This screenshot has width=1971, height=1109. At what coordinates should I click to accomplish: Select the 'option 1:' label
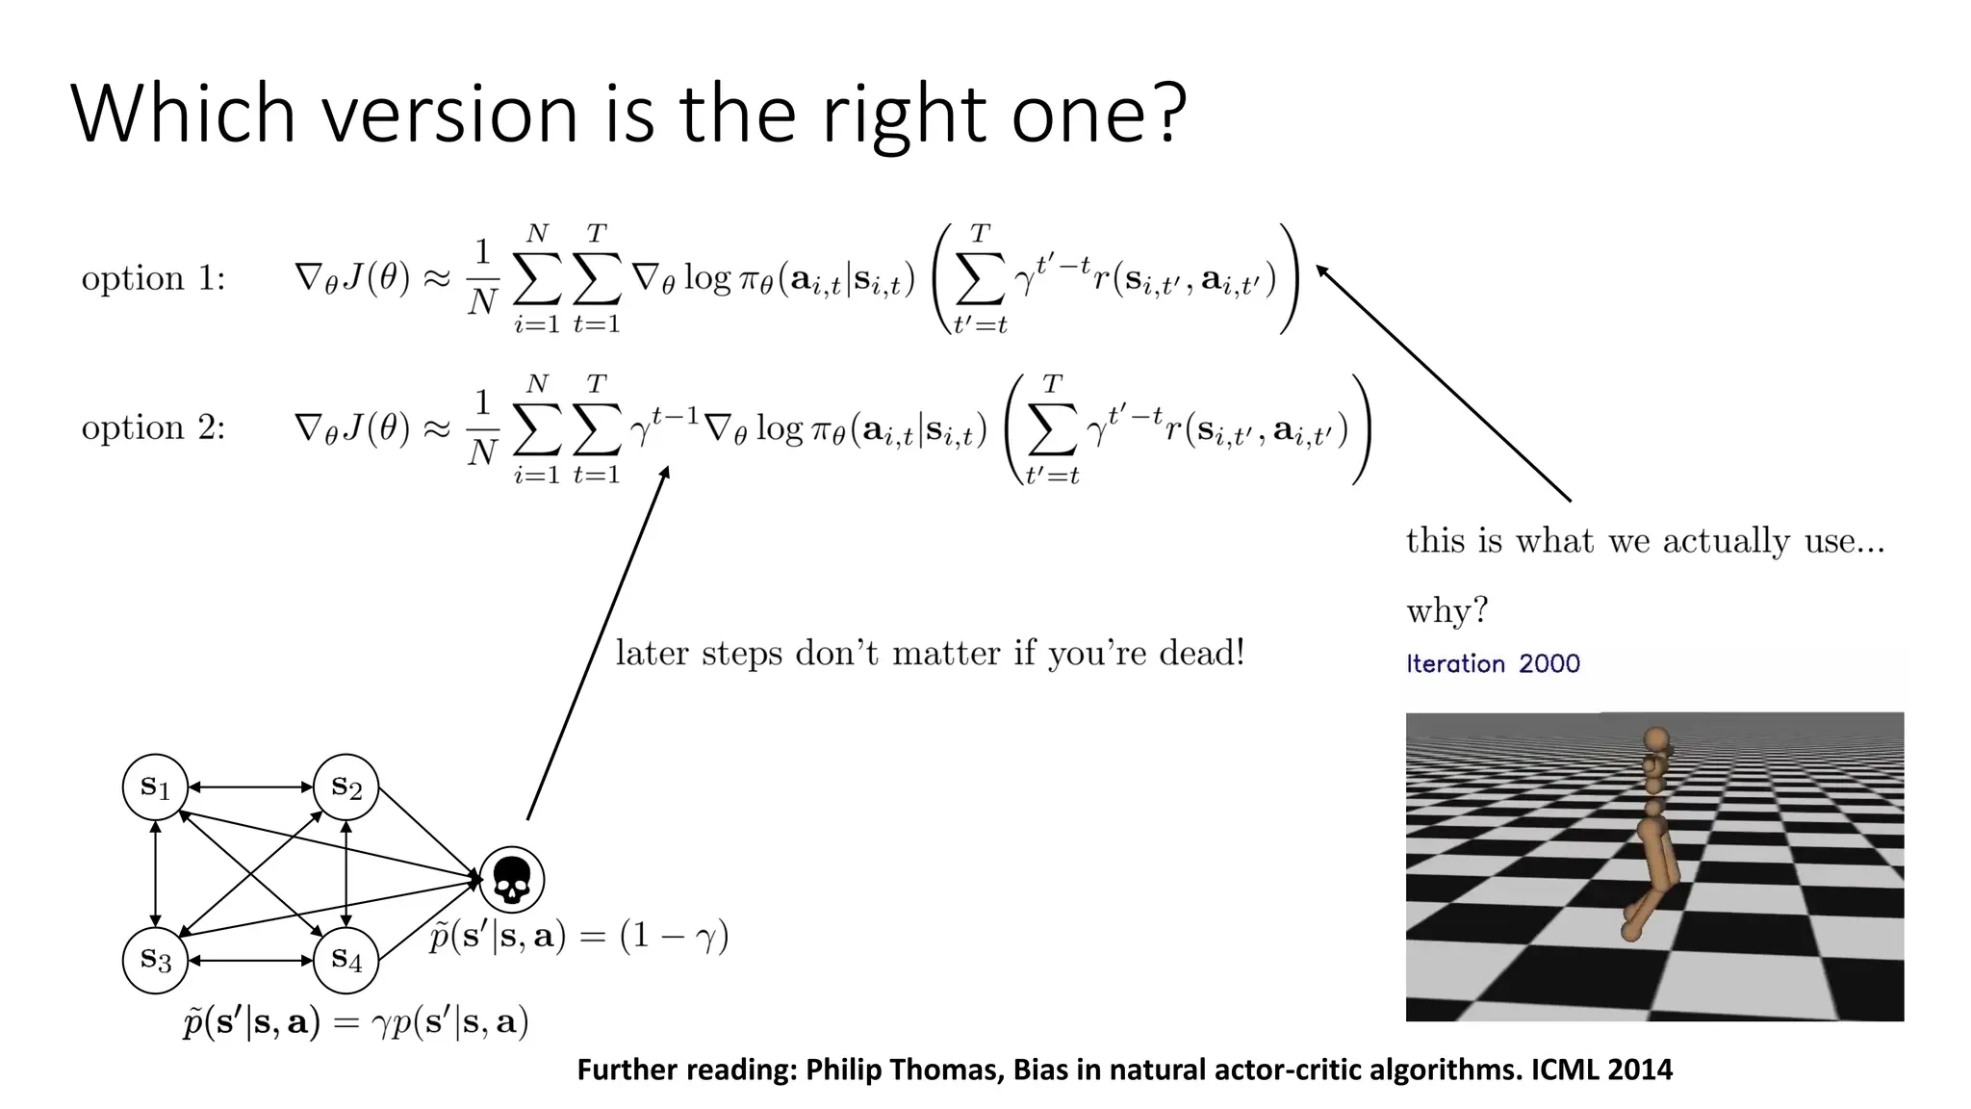coord(153,279)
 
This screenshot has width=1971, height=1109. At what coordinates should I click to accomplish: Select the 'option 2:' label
coord(153,428)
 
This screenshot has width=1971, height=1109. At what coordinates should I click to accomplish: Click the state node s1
coord(155,787)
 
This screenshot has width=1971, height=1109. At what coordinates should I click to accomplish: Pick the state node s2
coord(346,787)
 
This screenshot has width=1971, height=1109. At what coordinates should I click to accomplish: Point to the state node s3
coord(155,960)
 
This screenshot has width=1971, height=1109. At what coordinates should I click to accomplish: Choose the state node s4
coord(346,960)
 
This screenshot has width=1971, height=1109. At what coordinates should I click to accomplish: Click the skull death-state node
coord(512,879)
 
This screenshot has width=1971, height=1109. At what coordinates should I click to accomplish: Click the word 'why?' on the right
coord(1446,611)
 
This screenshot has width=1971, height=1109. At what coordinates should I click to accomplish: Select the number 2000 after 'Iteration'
coord(1549,663)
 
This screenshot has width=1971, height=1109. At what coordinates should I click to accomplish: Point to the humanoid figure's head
coord(1656,739)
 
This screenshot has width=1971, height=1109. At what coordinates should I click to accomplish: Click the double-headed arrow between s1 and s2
coord(250,787)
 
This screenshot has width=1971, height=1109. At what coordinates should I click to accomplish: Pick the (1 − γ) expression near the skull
coord(674,936)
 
